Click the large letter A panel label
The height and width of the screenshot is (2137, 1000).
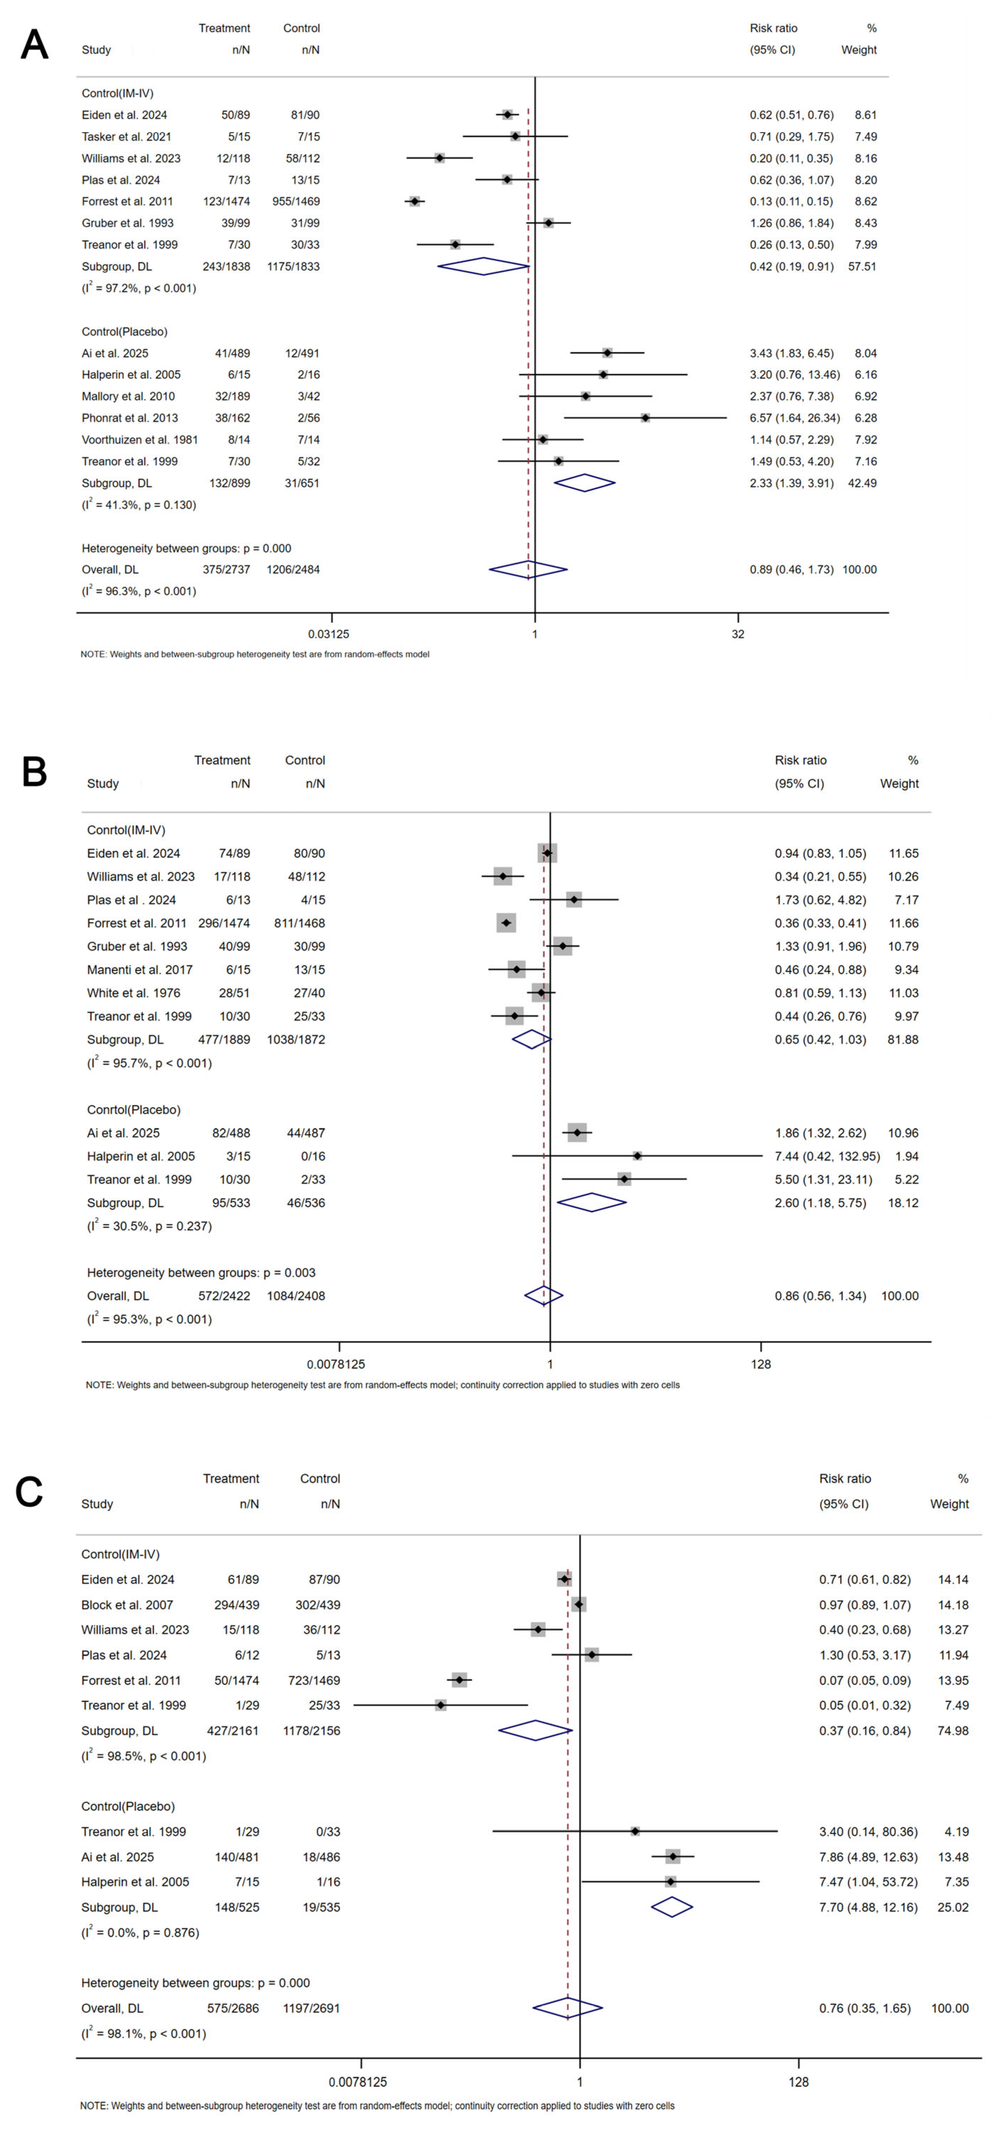tap(34, 45)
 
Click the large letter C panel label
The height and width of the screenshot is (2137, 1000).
tap(29, 1491)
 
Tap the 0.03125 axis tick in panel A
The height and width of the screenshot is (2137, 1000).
tap(329, 634)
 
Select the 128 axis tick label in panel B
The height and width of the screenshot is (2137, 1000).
tap(761, 1364)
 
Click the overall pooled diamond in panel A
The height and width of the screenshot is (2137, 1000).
tap(528, 570)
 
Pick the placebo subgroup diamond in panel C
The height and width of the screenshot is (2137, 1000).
tap(671, 1907)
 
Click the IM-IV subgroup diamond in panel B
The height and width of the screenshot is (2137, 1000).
tap(532, 1039)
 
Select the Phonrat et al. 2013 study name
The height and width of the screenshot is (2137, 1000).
tap(129, 418)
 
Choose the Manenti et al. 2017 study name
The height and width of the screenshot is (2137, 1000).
tap(139, 970)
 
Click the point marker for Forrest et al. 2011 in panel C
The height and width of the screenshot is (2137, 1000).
tap(459, 1680)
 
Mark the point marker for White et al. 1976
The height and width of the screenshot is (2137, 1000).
tap(542, 993)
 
